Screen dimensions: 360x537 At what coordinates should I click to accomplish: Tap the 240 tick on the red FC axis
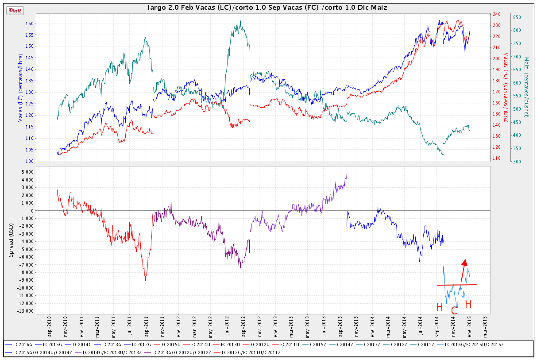[498, 14]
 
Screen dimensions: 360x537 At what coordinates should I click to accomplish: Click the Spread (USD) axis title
[12, 240]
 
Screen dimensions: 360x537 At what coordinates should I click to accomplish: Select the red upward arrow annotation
[463, 270]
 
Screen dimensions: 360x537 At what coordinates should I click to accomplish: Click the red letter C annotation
[454, 310]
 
